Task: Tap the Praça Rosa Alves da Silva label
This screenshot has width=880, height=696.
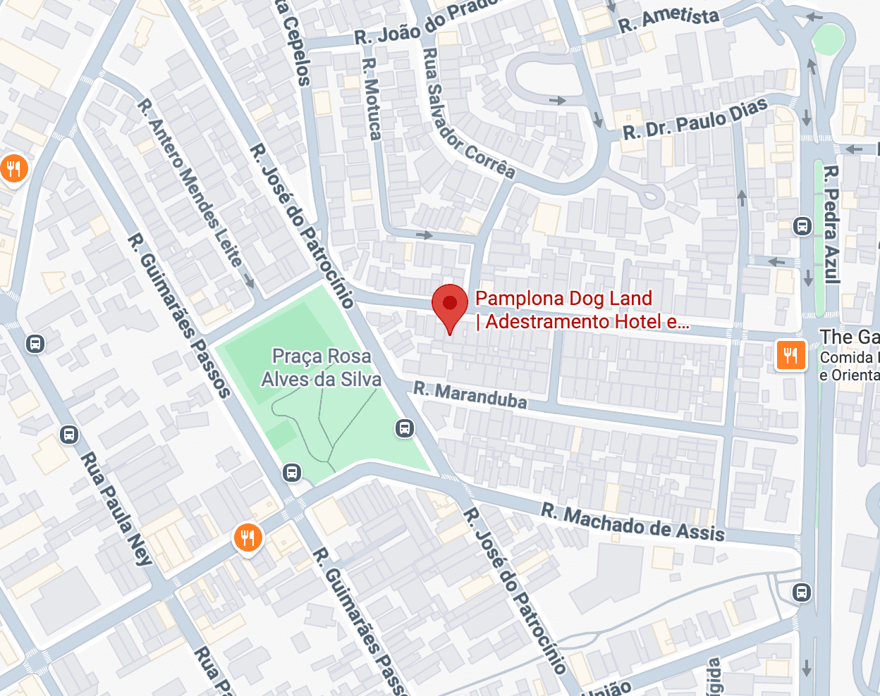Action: click(322, 368)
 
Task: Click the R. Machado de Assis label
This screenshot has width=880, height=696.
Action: click(632, 521)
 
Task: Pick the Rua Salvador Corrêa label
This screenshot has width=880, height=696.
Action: click(468, 113)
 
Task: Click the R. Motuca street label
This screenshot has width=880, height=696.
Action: click(371, 99)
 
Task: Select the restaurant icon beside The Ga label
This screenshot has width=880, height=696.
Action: click(790, 354)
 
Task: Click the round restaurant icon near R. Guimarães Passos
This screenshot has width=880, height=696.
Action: click(248, 539)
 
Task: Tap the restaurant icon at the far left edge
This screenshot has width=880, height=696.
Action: click(13, 168)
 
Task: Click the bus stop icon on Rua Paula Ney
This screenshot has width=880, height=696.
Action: click(69, 434)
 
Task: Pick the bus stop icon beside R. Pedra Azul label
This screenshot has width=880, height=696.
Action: click(802, 226)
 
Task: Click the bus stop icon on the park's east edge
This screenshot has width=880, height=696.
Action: click(405, 428)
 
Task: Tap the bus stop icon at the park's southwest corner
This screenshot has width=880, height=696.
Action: click(292, 473)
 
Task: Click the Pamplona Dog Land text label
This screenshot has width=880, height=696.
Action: click(564, 299)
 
